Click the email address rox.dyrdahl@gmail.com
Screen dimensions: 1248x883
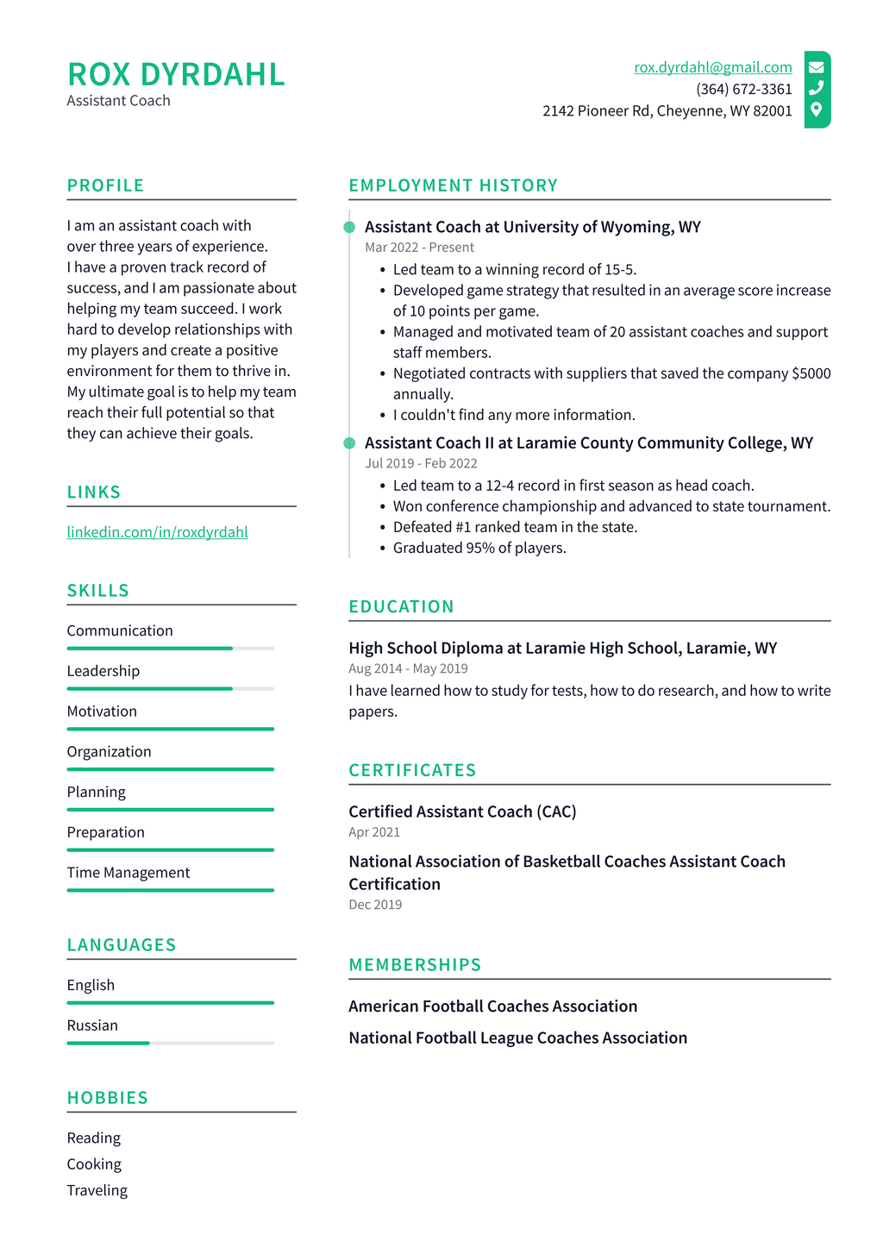coord(712,67)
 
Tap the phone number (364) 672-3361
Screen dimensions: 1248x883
coord(743,89)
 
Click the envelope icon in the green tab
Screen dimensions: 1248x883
coord(816,66)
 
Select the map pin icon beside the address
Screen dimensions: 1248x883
coord(816,110)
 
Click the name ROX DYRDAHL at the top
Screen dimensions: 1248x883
coord(176,75)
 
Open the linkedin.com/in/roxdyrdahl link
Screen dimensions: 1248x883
coord(157,532)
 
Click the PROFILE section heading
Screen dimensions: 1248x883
coord(105,185)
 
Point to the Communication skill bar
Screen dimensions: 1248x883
coord(170,648)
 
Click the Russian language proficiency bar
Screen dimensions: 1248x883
coord(170,1043)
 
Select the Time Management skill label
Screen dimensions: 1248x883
coord(128,873)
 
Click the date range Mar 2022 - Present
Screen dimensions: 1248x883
coord(419,248)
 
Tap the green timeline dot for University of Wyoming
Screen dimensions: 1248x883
coord(349,227)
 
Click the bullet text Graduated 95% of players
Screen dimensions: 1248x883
coord(479,548)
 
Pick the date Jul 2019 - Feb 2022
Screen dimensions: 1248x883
coord(421,463)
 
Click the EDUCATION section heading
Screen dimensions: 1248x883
coord(401,606)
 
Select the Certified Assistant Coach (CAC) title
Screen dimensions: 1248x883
coord(462,812)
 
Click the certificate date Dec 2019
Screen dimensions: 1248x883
coord(375,905)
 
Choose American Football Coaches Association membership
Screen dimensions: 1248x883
coord(492,1007)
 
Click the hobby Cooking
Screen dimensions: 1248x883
coord(94,1164)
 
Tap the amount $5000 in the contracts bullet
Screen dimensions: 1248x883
coord(811,373)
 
